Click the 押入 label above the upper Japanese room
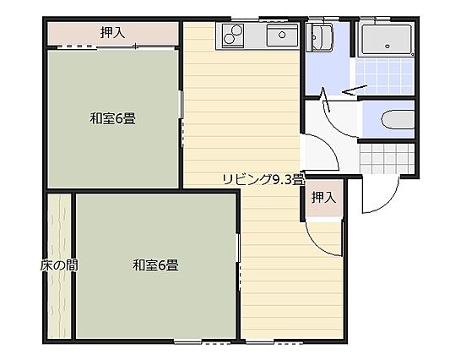tap(112, 33)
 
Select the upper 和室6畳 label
tap(113, 118)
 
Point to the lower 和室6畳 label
tap(155, 265)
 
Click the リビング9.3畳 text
tap(261, 178)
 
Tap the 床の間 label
tap(59, 265)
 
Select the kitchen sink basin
tap(281, 36)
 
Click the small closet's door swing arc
tap(325, 237)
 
